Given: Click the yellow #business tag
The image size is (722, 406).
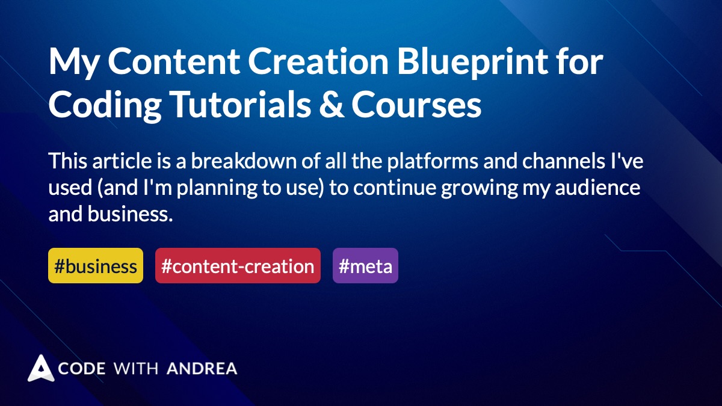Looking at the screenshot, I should pyautogui.click(x=96, y=266).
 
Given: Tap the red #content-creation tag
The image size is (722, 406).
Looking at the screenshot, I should pyautogui.click(x=238, y=266).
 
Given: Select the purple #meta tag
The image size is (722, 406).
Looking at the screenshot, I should pyautogui.click(x=365, y=266).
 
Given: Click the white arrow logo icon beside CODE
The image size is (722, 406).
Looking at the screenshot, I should pyautogui.click(x=40, y=368).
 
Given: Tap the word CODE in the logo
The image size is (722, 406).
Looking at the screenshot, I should pyautogui.click(x=82, y=368).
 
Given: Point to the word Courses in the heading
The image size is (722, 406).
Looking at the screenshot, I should pyautogui.click(x=416, y=105).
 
